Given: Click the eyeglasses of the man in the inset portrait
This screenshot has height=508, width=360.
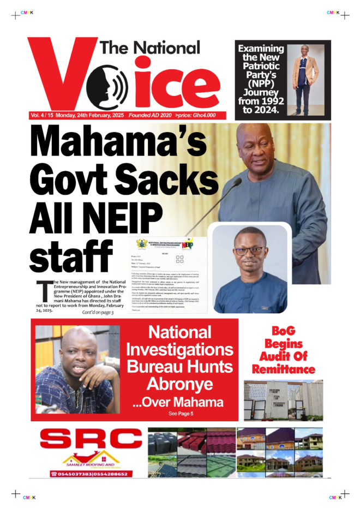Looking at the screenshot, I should click(x=249, y=251).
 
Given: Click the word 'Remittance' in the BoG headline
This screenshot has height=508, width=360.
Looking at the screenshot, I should click(x=284, y=369).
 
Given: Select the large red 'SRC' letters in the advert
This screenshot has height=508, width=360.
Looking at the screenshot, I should click(x=90, y=440).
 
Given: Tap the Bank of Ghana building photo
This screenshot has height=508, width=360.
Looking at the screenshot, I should click(x=283, y=400).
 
